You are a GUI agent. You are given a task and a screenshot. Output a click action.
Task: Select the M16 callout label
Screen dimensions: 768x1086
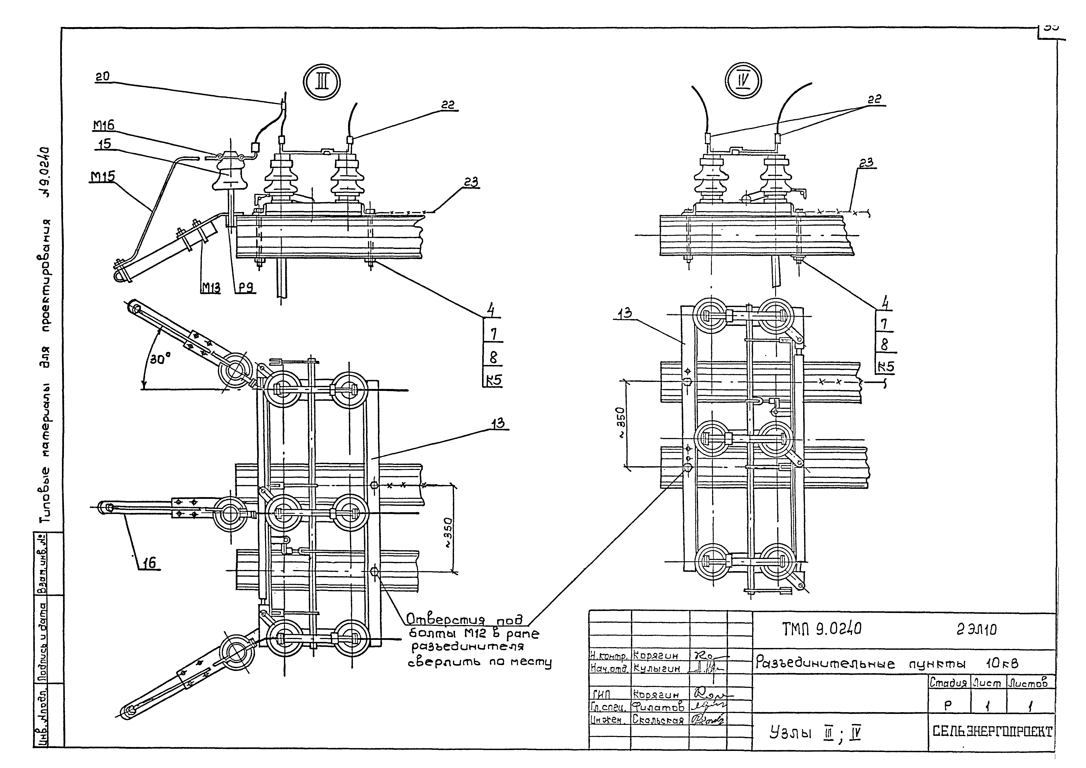(104, 125)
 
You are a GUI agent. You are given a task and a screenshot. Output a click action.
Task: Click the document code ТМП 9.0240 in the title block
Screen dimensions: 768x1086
(821, 629)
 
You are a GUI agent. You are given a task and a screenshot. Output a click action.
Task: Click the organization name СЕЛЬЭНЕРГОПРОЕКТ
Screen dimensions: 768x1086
(992, 732)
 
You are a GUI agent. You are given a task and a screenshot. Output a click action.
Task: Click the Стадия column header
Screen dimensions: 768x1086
(948, 683)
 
